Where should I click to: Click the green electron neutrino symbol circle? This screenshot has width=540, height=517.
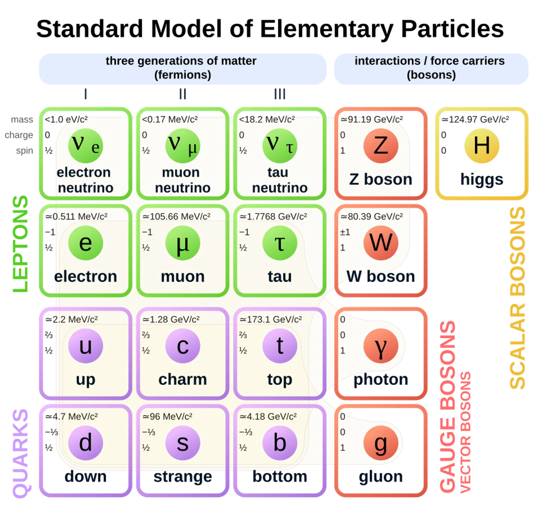pyautogui.click(x=85, y=145)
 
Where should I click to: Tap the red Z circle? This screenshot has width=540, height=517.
pyautogui.click(x=381, y=145)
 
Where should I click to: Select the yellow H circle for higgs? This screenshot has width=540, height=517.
pyautogui.click(x=481, y=145)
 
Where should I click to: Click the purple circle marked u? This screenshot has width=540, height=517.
pyautogui.click(x=85, y=346)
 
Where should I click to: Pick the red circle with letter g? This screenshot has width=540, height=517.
pyautogui.click(x=381, y=443)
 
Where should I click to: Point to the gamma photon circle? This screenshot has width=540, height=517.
pyautogui.click(x=381, y=346)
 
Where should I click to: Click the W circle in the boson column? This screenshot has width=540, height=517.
pyautogui.click(x=381, y=243)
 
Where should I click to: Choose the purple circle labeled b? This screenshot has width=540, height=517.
pyautogui.click(x=280, y=443)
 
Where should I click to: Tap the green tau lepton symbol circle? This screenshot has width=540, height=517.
pyautogui.click(x=280, y=243)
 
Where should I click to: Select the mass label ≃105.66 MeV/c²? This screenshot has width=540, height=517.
pyautogui.click(x=176, y=216)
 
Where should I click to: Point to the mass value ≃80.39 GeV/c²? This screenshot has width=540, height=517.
pyautogui.click(x=372, y=216)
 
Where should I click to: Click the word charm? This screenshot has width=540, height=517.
pyautogui.click(x=183, y=379)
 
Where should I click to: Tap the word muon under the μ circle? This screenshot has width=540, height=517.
pyautogui.click(x=183, y=277)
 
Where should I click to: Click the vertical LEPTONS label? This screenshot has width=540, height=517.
pyautogui.click(x=21, y=244)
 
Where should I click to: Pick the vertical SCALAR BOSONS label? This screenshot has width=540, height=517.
pyautogui.click(x=517, y=298)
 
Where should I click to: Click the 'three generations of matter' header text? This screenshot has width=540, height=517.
pyautogui.click(x=181, y=61)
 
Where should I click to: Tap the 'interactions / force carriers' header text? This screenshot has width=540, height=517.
pyautogui.click(x=430, y=61)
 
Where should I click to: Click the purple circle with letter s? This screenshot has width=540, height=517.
pyautogui.click(x=183, y=443)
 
